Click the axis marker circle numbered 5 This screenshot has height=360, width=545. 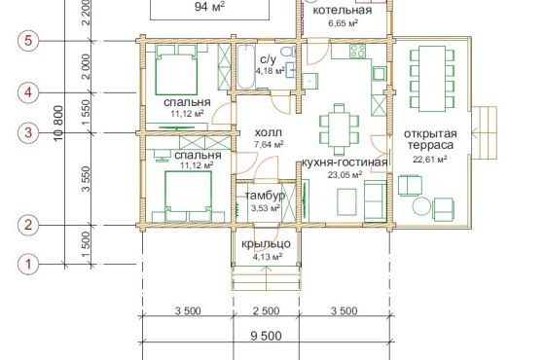pyautogui.click(x=28, y=41)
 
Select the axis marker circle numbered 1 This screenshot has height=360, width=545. pyautogui.click(x=28, y=264)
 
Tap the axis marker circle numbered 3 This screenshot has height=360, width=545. pyautogui.click(x=28, y=132)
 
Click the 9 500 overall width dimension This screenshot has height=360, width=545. pyautogui.click(x=266, y=336)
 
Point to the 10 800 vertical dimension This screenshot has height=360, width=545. pyautogui.click(x=59, y=123)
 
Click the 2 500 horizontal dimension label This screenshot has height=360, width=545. pyautogui.click(x=266, y=310)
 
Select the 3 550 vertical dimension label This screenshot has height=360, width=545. pyautogui.click(x=86, y=179)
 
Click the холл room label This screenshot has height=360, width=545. pyautogui.click(x=269, y=132)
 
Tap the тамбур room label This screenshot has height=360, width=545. pyautogui.click(x=265, y=196)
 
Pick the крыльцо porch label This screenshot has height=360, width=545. pyautogui.click(x=266, y=243)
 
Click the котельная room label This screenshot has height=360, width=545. pyautogui.click(x=343, y=10)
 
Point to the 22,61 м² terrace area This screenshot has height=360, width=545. pyautogui.click(x=430, y=160)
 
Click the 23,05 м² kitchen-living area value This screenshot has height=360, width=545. pyautogui.click(x=345, y=174)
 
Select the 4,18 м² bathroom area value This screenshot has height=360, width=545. pyautogui.click(x=271, y=71)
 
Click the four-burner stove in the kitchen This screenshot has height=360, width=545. pyautogui.click(x=358, y=51)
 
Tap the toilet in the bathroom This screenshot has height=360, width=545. pyautogui.click(x=288, y=52)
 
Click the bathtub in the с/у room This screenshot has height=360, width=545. pyautogui.click(x=246, y=66)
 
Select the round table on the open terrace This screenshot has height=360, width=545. pyautogui.click(x=422, y=206)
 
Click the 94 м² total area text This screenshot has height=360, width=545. pyautogui.click(x=209, y=6)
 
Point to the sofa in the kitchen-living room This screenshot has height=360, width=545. pyautogui.click(x=375, y=200)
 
